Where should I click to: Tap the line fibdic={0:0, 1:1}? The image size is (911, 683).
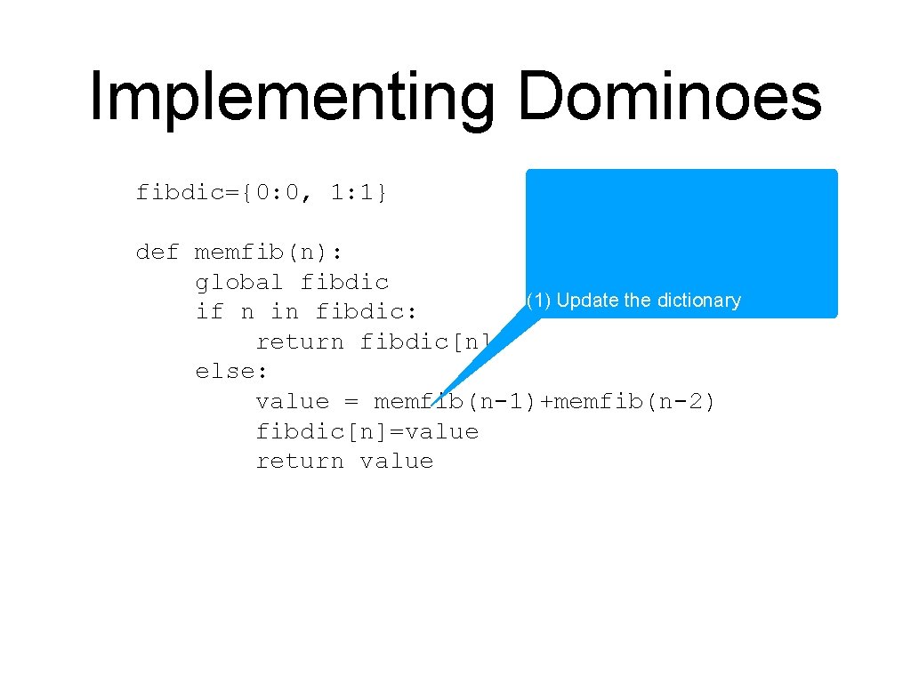262,192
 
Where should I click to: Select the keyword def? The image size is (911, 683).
157,253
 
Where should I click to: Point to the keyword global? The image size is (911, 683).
239,283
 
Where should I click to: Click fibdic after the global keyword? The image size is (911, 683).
345,283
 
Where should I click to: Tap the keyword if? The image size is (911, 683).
209,312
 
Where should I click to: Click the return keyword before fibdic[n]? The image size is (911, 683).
300,342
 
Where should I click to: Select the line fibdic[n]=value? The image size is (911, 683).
367,432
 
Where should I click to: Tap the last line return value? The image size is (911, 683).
344,462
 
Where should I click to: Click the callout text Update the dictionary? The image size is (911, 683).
649,301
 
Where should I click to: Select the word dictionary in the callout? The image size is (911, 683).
699,301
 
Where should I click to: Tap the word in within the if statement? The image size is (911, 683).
285,312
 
